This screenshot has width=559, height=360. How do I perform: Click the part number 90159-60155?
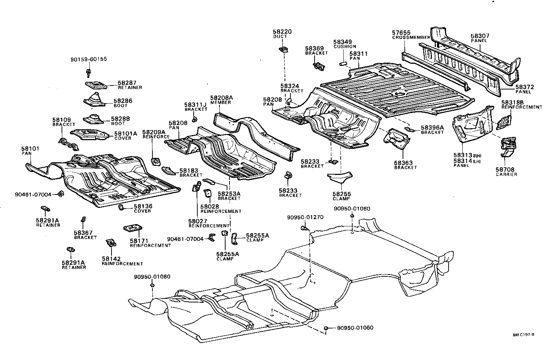pos(89,59)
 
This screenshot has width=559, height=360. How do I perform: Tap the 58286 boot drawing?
pos(93,100)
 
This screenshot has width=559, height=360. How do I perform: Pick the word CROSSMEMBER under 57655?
pos(411,38)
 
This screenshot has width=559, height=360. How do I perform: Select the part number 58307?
pos(480,36)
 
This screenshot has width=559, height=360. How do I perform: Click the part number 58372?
pos(525,87)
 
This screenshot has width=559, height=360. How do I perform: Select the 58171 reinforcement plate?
pos(133,229)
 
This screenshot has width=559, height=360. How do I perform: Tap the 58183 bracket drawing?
pos(168,169)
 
